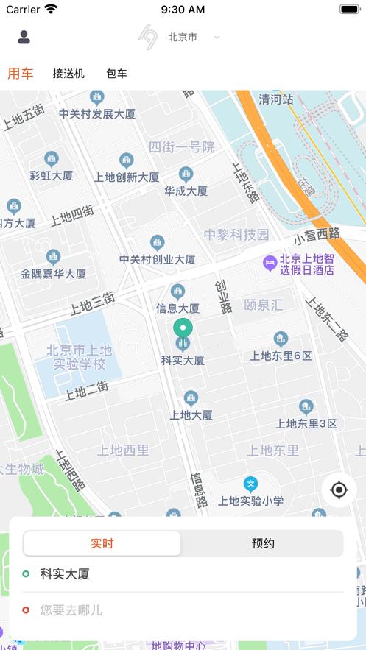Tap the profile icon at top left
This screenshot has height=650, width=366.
[24, 37]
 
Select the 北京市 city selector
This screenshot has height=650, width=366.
[184, 37]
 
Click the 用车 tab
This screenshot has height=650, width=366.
[20, 73]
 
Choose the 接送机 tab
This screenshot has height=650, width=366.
[68, 74]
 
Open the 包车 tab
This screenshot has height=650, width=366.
[116, 74]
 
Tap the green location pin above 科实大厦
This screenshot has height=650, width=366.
[182, 330]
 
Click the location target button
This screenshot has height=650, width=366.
[339, 490]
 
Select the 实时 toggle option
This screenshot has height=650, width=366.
[102, 543]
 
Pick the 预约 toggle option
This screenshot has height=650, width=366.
[263, 543]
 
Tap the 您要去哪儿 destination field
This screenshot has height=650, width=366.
[71, 610]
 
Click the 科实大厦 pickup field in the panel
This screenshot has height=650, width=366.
[65, 574]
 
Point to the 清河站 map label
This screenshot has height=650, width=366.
[276, 99]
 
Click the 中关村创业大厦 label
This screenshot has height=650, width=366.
[158, 259]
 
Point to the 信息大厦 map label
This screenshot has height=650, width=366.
[177, 308]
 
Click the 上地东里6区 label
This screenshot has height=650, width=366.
[281, 355]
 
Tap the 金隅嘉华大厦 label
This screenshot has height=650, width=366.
[53, 273]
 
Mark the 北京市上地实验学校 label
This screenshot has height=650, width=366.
[79, 357]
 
